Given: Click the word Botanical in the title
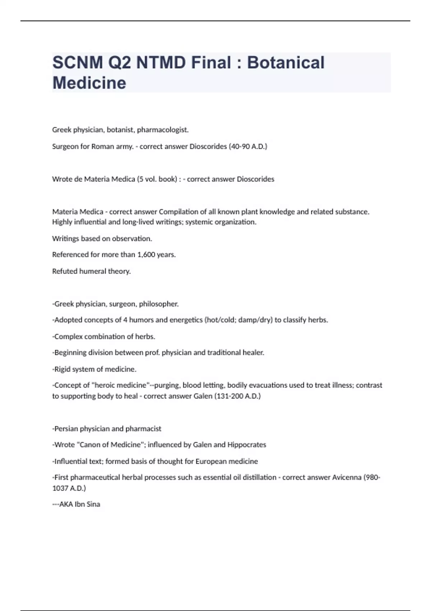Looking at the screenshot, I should [286, 63].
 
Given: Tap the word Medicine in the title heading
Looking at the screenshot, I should [89, 83].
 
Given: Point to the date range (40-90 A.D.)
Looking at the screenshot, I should [248, 146].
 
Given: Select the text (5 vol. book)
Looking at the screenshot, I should [157, 179].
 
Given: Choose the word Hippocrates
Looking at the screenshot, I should [247, 445].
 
